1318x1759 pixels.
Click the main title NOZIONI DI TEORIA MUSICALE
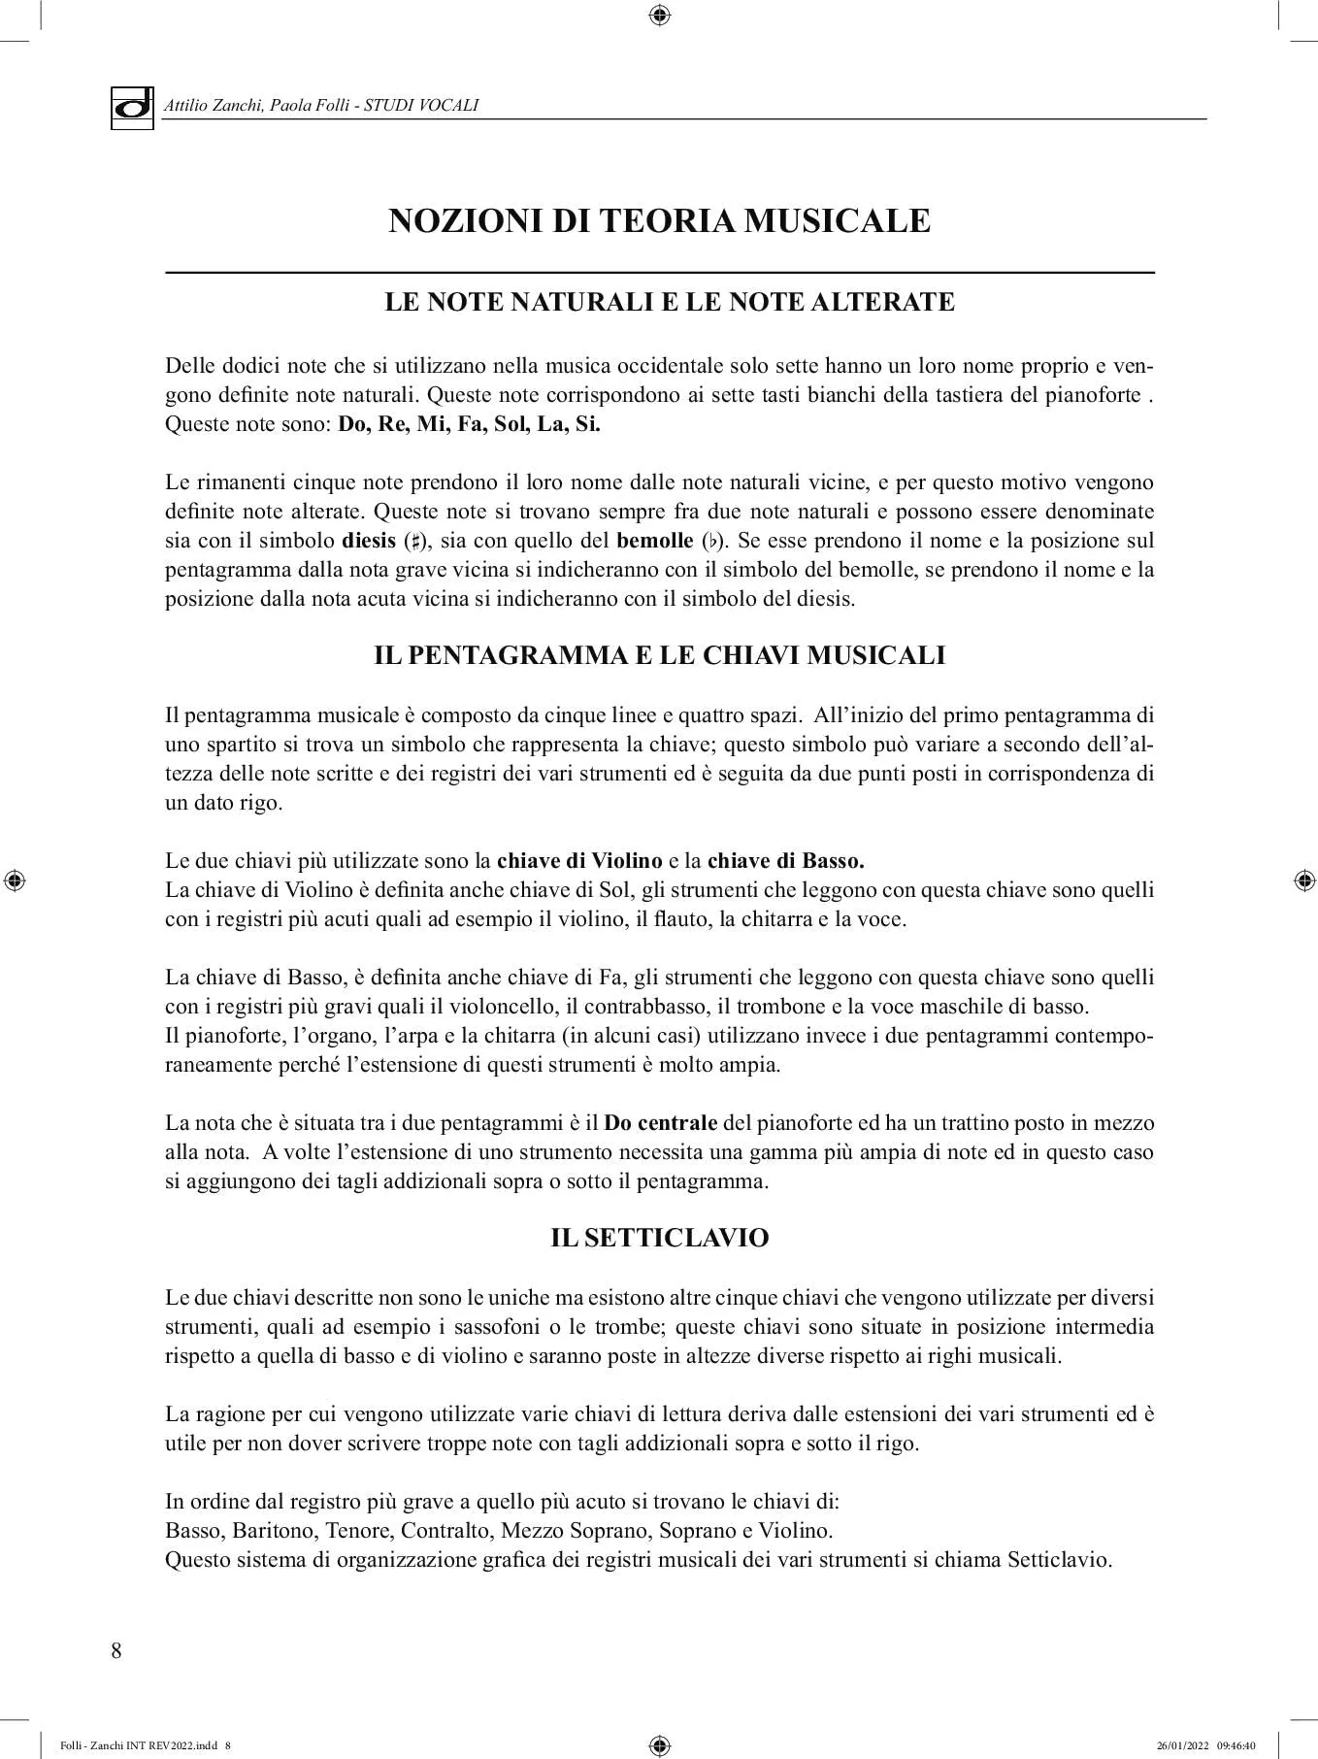(x=659, y=221)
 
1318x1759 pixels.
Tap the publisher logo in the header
(x=132, y=107)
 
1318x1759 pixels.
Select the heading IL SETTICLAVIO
(x=659, y=1238)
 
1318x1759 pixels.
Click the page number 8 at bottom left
(x=116, y=1650)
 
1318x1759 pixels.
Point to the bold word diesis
(x=369, y=541)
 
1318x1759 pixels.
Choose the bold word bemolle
(x=654, y=541)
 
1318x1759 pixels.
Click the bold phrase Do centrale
(x=660, y=1123)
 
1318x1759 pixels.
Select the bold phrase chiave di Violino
(x=579, y=861)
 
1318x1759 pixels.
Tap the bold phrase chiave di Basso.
(x=785, y=861)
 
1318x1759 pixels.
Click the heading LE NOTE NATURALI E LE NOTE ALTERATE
(x=670, y=302)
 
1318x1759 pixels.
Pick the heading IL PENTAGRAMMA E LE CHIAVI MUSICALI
(x=659, y=655)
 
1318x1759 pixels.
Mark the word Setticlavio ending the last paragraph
(x=1059, y=1560)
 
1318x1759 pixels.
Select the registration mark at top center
(x=659, y=15)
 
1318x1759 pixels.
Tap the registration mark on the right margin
(x=1304, y=880)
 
